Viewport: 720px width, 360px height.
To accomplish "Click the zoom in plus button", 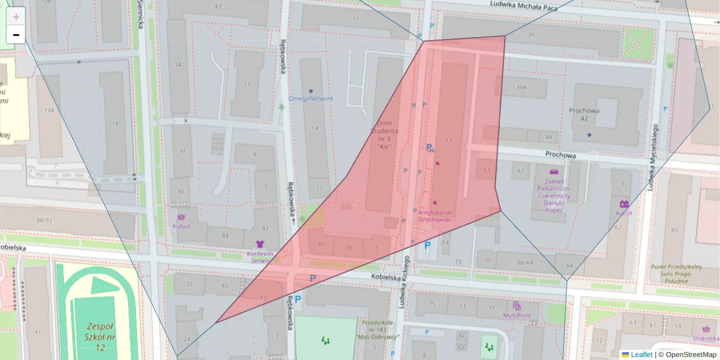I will coord(16,16).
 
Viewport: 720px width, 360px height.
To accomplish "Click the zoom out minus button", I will coord(16,35).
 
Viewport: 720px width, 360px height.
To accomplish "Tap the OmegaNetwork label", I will coord(310,98).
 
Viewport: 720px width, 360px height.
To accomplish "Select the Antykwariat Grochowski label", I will coord(435,215).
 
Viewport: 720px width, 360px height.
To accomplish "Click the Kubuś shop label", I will coord(181,226).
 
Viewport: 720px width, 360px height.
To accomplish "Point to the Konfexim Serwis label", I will coord(260,257).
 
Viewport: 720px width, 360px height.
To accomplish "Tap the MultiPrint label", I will coord(517,315).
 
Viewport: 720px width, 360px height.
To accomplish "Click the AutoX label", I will coord(624,213).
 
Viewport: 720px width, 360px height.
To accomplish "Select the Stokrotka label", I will coord(706,337).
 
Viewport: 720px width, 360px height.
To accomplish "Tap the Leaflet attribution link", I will coord(641,355).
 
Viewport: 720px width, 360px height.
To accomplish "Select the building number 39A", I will coord(521,88).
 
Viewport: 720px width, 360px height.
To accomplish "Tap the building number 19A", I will coord(49,110).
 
